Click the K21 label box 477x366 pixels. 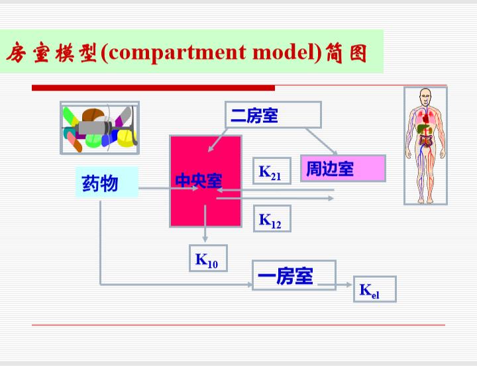tap(272, 171)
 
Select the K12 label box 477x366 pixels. tap(272, 218)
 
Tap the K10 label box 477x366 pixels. tap(209, 258)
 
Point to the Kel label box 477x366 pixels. tap(375, 289)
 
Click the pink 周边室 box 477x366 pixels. tap(343, 168)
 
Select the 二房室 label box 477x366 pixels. tap(273, 114)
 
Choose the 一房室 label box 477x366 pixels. tap(294, 275)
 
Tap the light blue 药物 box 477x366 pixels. tap(107, 182)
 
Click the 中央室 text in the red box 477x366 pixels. tap(199, 181)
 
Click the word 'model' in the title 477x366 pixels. tap(284, 52)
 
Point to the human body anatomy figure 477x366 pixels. tap(425, 146)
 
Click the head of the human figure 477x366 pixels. tap(425, 96)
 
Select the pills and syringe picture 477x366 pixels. tap(100, 128)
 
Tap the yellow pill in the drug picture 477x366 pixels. tap(126, 138)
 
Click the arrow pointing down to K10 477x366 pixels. tap(205, 224)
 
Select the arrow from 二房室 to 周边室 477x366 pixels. tap(322, 142)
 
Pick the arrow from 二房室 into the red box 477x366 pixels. tap(218, 140)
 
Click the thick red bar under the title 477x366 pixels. tap(153, 88)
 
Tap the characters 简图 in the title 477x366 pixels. tap(346, 53)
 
